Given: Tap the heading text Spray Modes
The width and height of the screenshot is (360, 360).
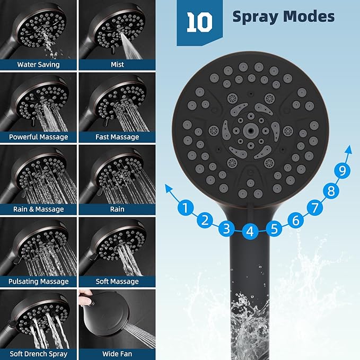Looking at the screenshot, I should click(283, 16).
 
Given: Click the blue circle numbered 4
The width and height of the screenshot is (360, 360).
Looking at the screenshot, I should click(251, 231).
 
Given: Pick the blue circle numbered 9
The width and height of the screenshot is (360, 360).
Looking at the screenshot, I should click(343, 171).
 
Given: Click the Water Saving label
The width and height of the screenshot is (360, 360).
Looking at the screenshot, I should click(38, 65).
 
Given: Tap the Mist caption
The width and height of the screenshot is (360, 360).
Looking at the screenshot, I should click(117, 65).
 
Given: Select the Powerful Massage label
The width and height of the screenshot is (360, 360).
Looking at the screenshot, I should click(38, 137).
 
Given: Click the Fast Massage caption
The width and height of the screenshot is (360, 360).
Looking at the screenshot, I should click(117, 137).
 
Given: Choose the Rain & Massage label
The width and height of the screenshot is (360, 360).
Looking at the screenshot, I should click(38, 209).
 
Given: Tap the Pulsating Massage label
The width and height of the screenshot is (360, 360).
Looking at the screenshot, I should click(38, 282).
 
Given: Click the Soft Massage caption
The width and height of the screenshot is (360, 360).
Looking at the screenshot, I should click(117, 282).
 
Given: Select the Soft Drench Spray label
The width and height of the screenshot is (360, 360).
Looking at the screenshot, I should click(38, 354).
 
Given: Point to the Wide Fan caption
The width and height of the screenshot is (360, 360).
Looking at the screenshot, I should click(117, 354).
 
